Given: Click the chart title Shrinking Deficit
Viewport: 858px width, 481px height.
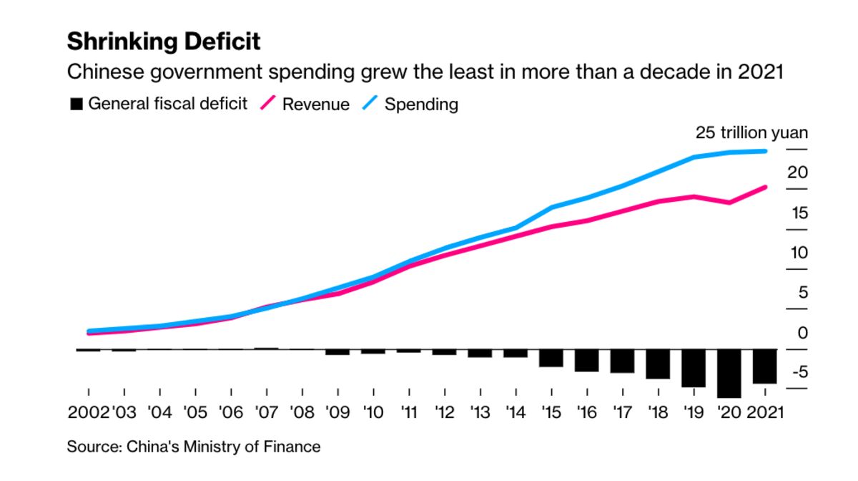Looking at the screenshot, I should [x=164, y=42].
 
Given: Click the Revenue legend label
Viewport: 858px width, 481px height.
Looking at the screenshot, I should [x=315, y=105].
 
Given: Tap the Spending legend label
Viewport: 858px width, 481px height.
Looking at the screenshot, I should [x=421, y=105].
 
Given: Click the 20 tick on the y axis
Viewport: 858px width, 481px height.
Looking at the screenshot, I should [x=797, y=173].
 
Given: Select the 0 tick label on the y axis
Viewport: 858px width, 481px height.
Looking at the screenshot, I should [x=802, y=333].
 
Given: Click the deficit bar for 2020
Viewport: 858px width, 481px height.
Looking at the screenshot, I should [x=729, y=374].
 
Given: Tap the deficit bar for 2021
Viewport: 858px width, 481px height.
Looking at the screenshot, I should [x=765, y=366].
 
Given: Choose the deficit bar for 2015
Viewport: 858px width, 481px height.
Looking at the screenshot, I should [x=551, y=358].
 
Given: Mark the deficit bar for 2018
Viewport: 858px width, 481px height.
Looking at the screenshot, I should [x=658, y=364].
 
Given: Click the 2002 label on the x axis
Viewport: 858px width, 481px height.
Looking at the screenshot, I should [x=88, y=413].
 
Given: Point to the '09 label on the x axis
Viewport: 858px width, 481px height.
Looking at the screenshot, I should [x=337, y=413].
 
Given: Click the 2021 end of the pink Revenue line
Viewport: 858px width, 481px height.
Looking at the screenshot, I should [x=765, y=188].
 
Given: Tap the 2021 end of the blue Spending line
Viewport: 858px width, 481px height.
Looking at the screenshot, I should [x=765, y=151].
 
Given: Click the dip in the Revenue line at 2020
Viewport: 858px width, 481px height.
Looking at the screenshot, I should [x=729, y=203].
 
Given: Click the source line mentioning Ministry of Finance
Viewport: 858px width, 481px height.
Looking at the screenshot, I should [x=194, y=447].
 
